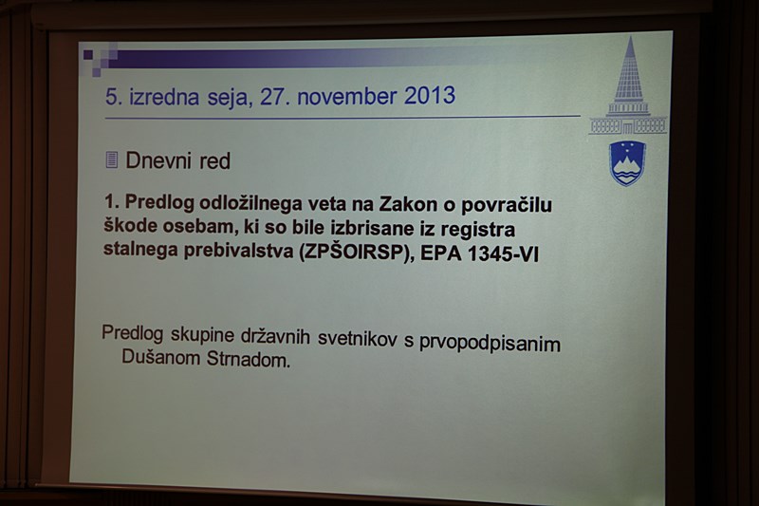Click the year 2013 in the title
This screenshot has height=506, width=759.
430,95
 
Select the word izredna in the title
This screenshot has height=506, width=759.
163,97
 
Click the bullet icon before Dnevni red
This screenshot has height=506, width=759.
111,159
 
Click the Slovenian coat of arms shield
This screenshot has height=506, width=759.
627,163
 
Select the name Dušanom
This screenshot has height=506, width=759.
161,357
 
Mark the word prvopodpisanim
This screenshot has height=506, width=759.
490,344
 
